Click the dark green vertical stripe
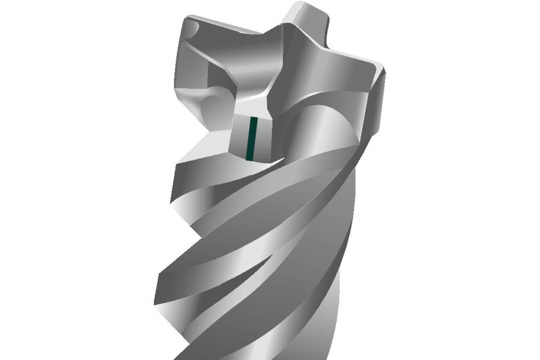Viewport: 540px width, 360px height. pyautogui.click(x=252, y=139)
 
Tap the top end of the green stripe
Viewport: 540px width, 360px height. pyautogui.click(x=254, y=118)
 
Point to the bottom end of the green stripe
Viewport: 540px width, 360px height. pyautogui.click(x=250, y=159)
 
